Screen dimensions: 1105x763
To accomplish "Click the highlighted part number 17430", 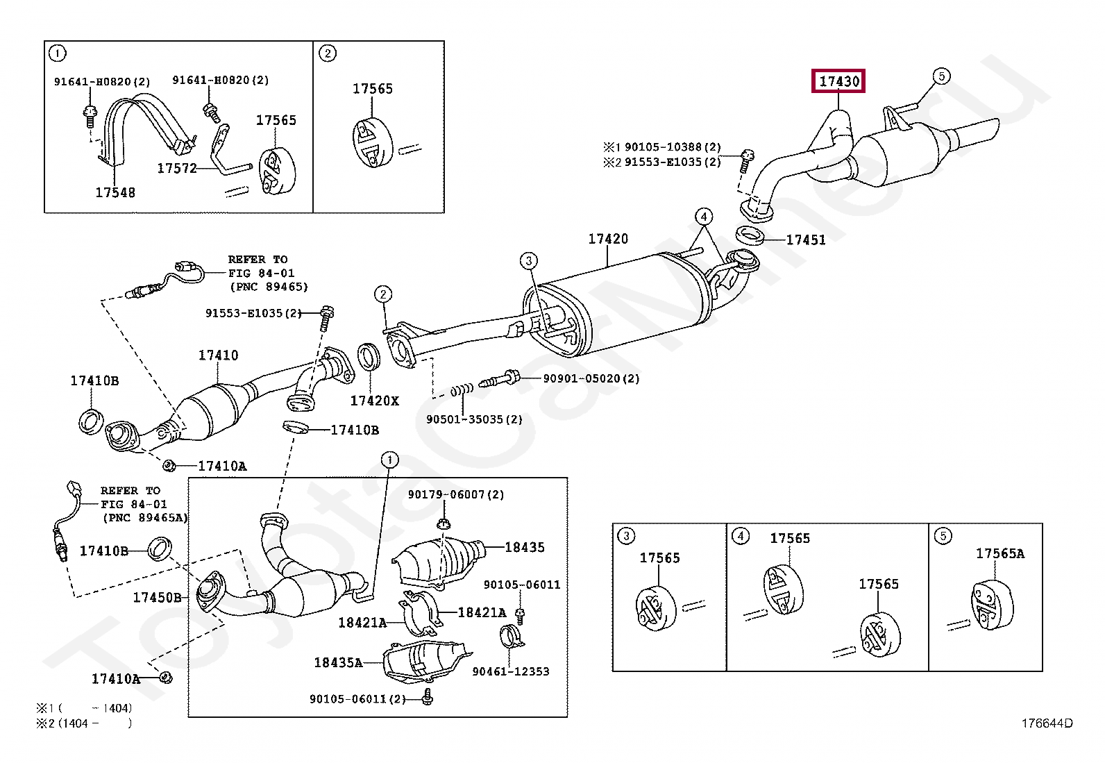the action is (839, 81).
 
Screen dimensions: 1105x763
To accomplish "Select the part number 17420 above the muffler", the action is (608, 239).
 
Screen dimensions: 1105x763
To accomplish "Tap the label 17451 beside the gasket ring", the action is (806, 240).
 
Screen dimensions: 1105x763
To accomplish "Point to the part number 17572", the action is (177, 168).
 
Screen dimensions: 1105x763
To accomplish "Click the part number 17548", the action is (115, 192).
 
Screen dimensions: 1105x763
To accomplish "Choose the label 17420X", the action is (374, 401).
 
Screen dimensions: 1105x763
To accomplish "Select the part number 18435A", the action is (339, 662).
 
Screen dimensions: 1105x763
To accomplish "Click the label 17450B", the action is (158, 598).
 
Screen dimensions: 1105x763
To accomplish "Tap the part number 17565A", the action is (1000, 554).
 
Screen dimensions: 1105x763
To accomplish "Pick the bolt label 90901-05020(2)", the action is (591, 378).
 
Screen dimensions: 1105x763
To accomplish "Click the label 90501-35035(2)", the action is (475, 419).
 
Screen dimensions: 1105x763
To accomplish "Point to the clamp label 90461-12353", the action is (511, 671).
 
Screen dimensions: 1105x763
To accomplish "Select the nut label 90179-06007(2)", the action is (456, 494).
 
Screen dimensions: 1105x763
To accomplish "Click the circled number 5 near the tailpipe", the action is (941, 76).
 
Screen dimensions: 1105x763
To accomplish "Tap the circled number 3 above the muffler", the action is (529, 260).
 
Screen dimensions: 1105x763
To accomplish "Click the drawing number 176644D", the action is (1047, 723).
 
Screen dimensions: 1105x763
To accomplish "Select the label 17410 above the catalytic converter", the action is (218, 355).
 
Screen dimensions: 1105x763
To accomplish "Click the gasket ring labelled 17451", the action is (750, 235).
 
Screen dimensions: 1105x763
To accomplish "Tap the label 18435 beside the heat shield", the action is (525, 547).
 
